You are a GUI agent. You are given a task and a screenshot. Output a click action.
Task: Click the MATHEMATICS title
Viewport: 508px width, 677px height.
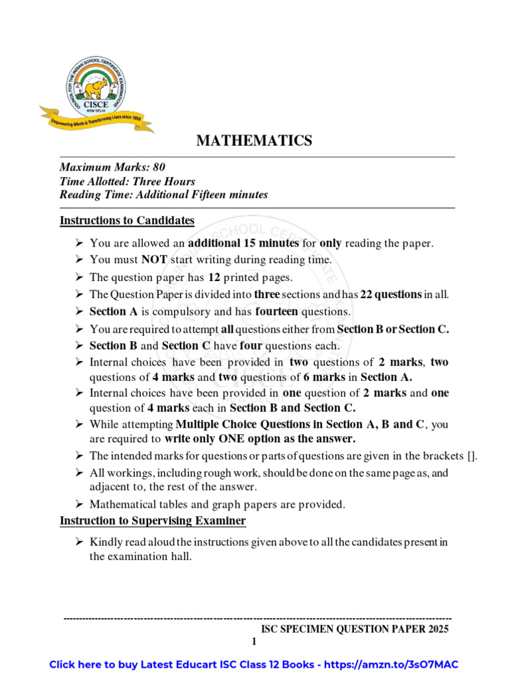[253, 140]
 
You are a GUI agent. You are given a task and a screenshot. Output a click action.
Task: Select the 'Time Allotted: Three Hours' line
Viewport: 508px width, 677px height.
[127, 181]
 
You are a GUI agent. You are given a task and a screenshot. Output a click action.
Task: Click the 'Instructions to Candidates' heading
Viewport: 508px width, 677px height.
[127, 220]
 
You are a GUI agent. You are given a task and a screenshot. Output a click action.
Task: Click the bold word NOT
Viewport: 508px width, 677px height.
[153, 260]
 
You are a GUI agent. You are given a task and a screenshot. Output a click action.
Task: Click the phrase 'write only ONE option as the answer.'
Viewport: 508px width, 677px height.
[261, 438]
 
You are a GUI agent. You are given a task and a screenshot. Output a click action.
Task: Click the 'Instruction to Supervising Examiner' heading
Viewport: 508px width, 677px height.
[153, 521]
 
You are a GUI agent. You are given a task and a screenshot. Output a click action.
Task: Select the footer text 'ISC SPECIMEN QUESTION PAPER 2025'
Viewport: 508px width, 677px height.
[355, 629]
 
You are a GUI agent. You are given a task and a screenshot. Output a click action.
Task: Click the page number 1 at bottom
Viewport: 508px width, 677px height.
[253, 642]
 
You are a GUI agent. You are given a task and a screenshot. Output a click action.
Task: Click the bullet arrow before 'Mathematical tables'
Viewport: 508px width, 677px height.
[78, 504]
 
